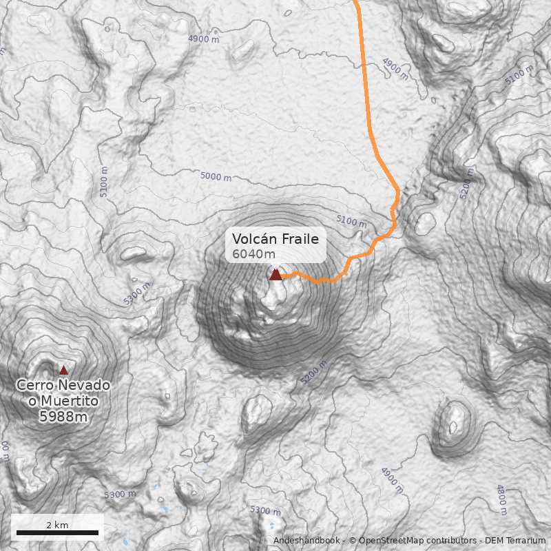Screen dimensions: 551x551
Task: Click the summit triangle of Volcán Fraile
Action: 275,274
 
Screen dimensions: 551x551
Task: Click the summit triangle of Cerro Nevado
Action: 63,370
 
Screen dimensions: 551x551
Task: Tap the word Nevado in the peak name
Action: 86,386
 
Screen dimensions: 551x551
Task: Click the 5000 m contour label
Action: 216,177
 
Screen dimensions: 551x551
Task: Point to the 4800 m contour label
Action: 501,499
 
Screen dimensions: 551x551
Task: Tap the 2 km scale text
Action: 57,525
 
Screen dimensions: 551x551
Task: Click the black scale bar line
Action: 57,532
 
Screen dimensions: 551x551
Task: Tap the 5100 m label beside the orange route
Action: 351,221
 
